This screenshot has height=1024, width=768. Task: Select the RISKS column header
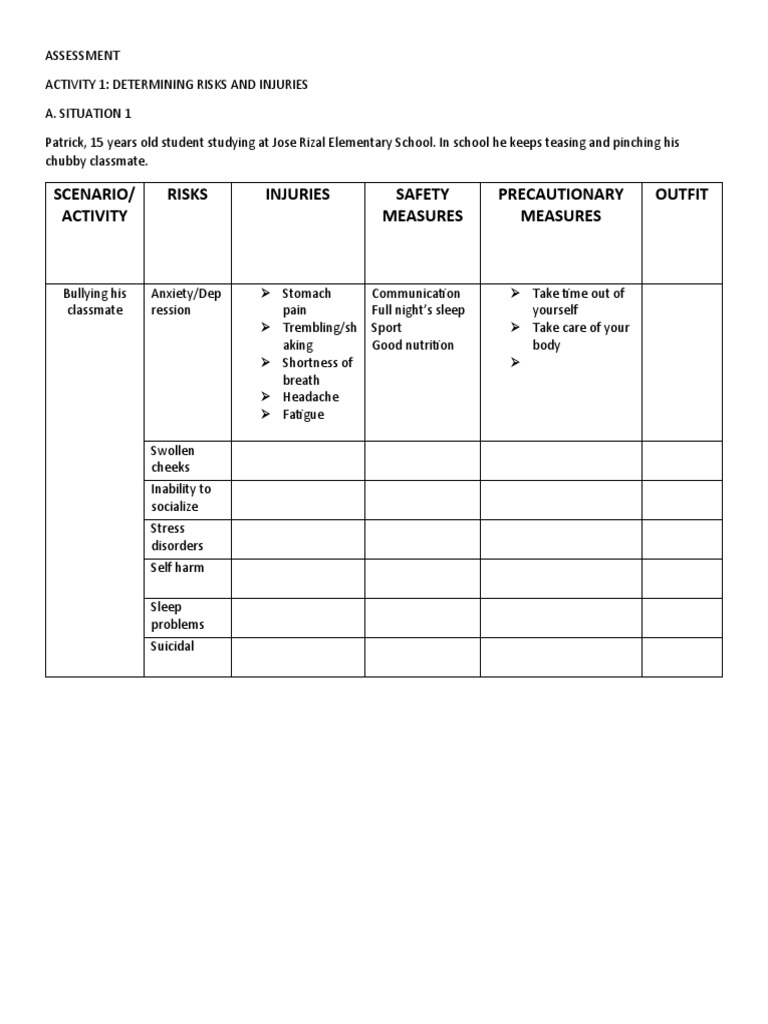coord(187,194)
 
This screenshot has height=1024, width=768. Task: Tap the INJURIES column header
coord(297,194)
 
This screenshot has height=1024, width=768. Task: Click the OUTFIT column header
coord(681,194)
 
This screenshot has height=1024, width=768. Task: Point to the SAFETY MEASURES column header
coord(422,205)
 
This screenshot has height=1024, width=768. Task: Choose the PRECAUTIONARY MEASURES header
coord(560,205)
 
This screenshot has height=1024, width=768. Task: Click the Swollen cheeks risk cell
coord(173,459)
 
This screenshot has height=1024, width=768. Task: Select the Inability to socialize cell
coord(180,498)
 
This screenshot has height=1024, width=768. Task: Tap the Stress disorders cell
coord(177,537)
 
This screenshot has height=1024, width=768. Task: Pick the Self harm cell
coord(177,568)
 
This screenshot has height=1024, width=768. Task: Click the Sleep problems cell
coord(177,615)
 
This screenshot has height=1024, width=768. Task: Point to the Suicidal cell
coord(173,646)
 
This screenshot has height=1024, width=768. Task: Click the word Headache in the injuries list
coord(310,397)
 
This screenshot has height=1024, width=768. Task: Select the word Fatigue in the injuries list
coord(303,415)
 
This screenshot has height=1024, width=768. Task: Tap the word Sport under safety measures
coord(386,328)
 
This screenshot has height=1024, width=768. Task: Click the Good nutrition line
coord(412,345)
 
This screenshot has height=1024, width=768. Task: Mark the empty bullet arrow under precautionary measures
coord(515,363)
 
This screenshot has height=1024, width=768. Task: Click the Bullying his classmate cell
coord(95,302)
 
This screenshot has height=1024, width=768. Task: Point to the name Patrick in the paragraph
coord(65,143)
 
